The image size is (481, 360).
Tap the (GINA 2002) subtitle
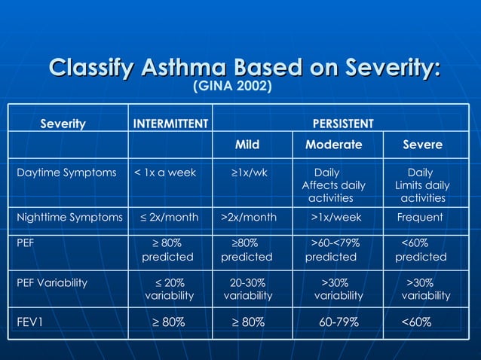(x=232, y=87)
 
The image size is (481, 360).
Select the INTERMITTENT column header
(x=170, y=124)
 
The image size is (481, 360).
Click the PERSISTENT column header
(x=343, y=124)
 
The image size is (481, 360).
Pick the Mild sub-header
(x=247, y=144)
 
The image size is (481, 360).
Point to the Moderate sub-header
(x=333, y=144)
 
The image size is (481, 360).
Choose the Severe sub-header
(x=422, y=144)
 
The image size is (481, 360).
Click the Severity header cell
(x=63, y=124)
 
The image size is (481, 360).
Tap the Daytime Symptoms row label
(x=66, y=172)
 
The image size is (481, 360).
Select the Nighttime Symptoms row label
(x=69, y=218)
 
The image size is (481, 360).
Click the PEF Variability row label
(x=52, y=283)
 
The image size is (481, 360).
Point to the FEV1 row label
(x=32, y=322)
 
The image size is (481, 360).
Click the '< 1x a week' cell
(x=165, y=172)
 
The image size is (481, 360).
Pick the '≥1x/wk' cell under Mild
(x=249, y=172)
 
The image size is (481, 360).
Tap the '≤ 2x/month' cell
(x=170, y=218)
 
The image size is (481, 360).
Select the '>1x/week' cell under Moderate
(x=336, y=218)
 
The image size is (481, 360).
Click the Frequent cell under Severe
(x=420, y=218)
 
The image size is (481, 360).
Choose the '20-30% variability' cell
(x=248, y=289)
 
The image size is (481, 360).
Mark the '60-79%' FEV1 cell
(x=339, y=322)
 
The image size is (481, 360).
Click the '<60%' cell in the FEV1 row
(x=416, y=322)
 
